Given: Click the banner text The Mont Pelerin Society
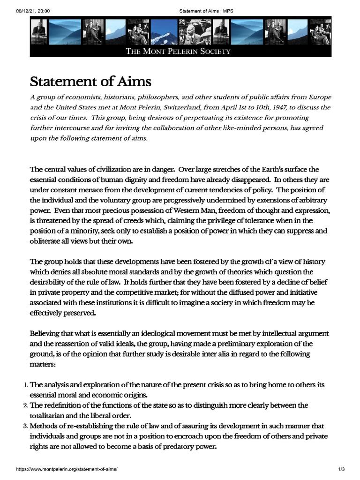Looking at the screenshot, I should [178, 51].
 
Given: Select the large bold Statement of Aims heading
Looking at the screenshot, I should [90, 81].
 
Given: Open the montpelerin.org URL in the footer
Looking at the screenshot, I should [67, 469].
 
